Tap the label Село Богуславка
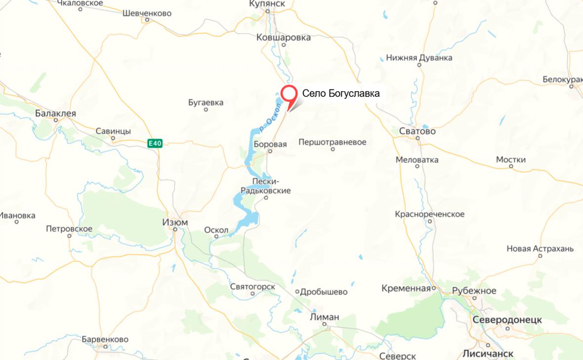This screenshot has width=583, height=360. (x=341, y=93)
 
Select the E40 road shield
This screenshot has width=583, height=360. (x=155, y=143)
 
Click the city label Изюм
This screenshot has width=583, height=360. (x=175, y=223)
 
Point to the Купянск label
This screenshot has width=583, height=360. (x=268, y=4)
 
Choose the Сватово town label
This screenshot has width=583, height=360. (x=417, y=131)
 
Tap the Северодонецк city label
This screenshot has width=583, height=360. (x=507, y=320)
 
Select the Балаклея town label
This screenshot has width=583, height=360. (x=56, y=113)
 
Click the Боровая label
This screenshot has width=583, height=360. (x=270, y=144)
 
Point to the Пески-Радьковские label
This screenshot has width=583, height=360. (x=265, y=186)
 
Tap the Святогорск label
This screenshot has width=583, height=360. (x=252, y=287)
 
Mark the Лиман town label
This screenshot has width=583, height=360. (x=325, y=317)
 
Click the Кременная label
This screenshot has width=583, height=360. (x=406, y=288)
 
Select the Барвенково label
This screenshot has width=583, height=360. (x=105, y=340)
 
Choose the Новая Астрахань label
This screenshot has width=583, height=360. (x=540, y=248)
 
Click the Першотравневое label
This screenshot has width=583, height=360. (x=333, y=142)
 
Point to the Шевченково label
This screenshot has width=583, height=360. (x=147, y=13)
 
